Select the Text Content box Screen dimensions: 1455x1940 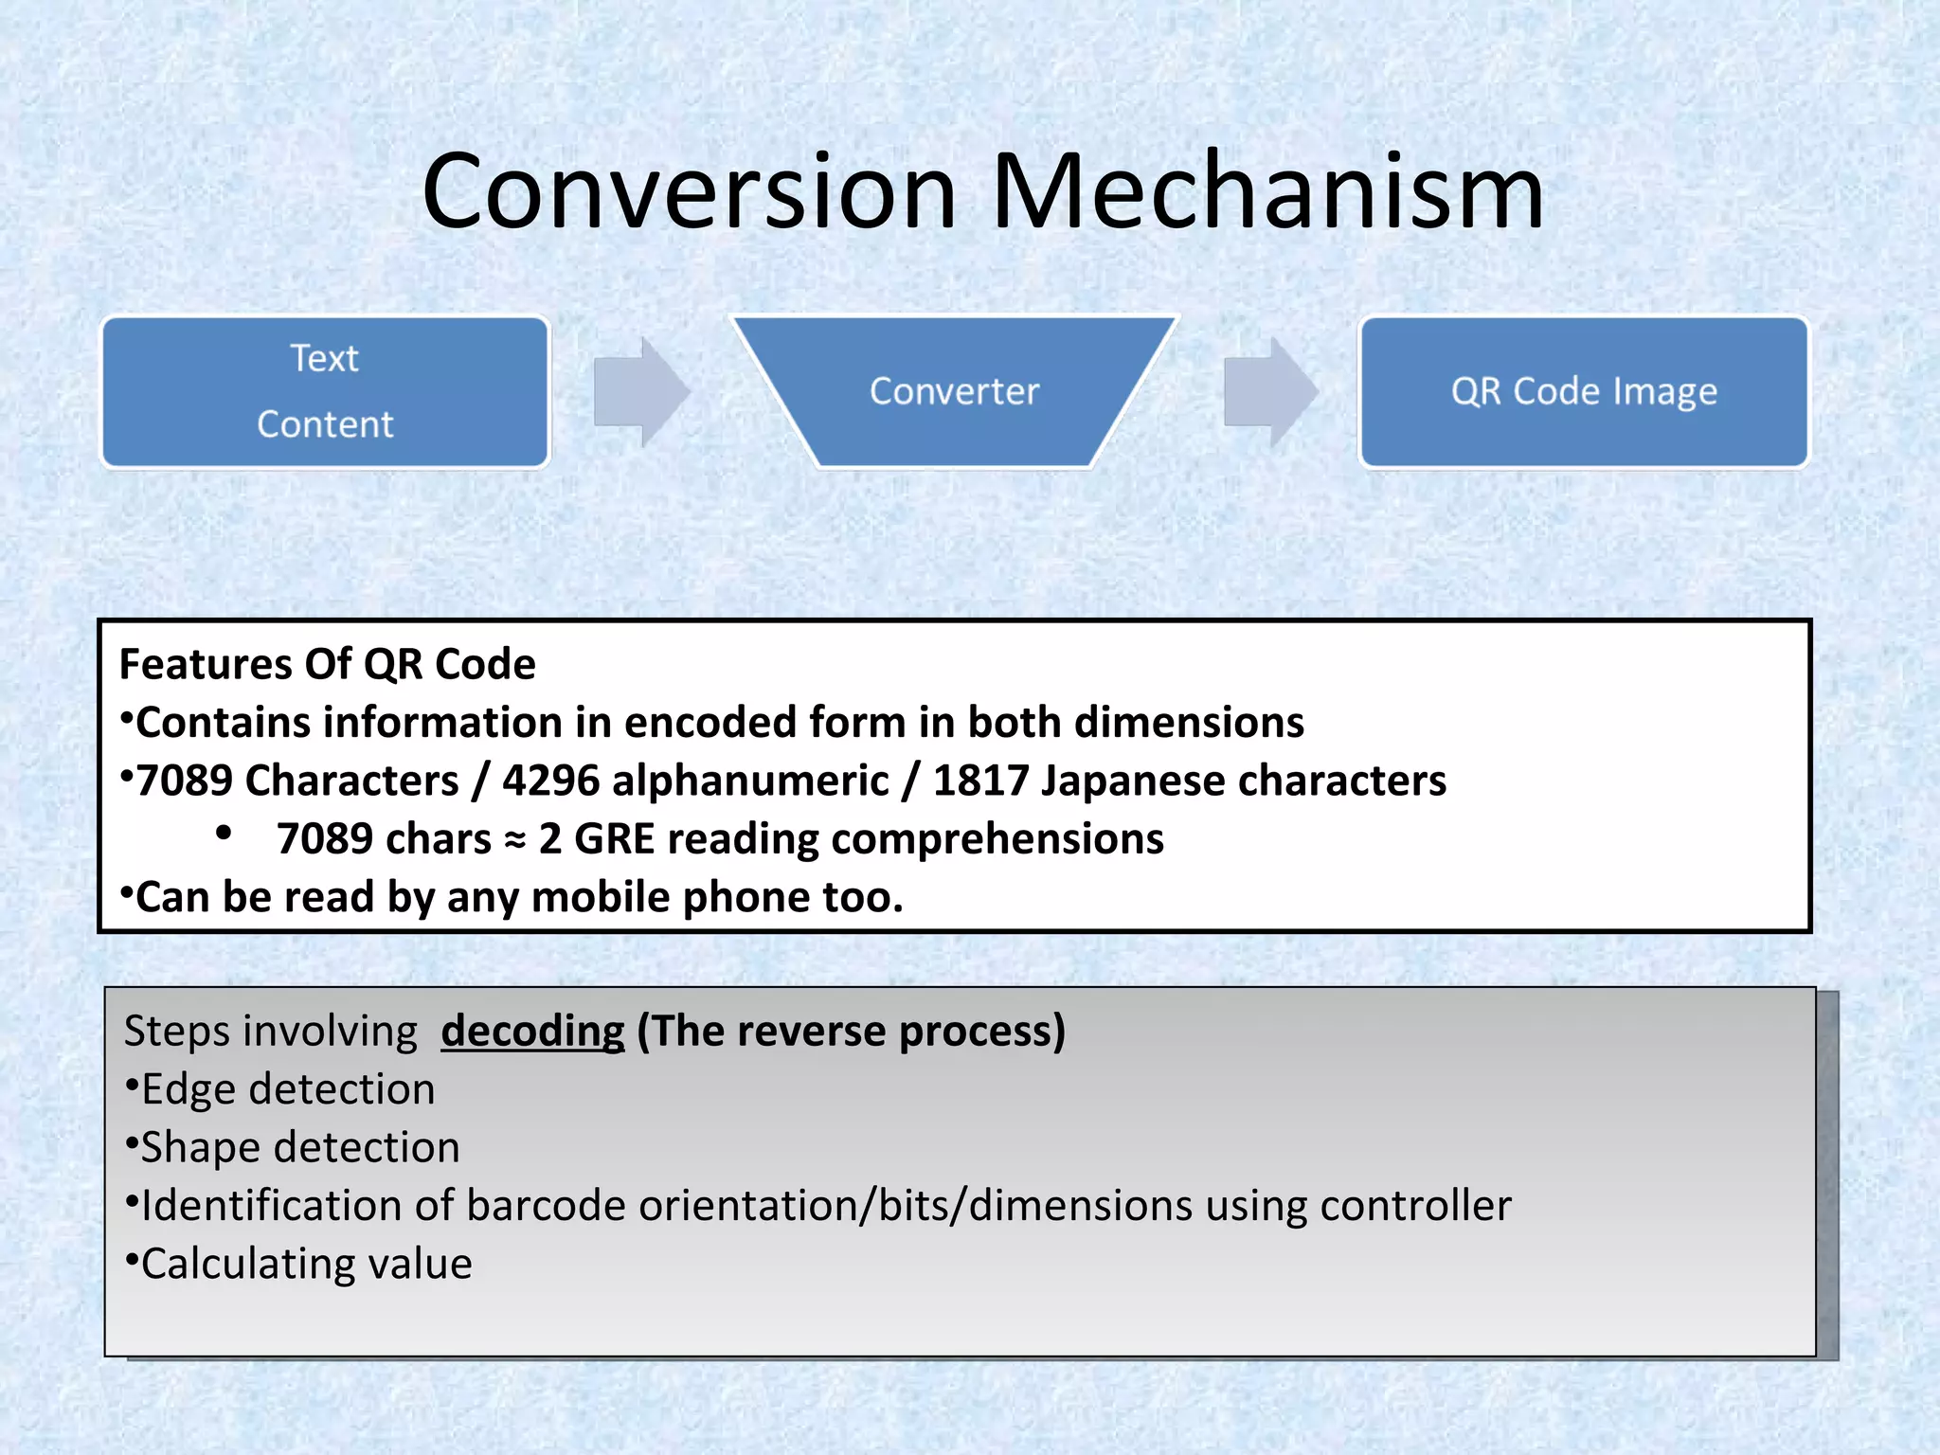[x=325, y=391]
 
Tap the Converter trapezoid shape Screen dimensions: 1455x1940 [x=954, y=391]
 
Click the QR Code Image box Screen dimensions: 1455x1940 [x=1584, y=391]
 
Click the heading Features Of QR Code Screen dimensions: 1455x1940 [x=327, y=664]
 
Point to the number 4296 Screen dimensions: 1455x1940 [x=550, y=781]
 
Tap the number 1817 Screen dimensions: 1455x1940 [x=980, y=781]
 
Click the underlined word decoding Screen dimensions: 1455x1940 [x=532, y=1032]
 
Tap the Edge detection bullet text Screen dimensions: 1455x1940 [x=288, y=1089]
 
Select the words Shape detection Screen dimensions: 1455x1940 [x=300, y=1148]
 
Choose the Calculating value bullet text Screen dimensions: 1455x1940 [x=306, y=1265]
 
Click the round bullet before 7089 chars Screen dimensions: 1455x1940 [x=224, y=834]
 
